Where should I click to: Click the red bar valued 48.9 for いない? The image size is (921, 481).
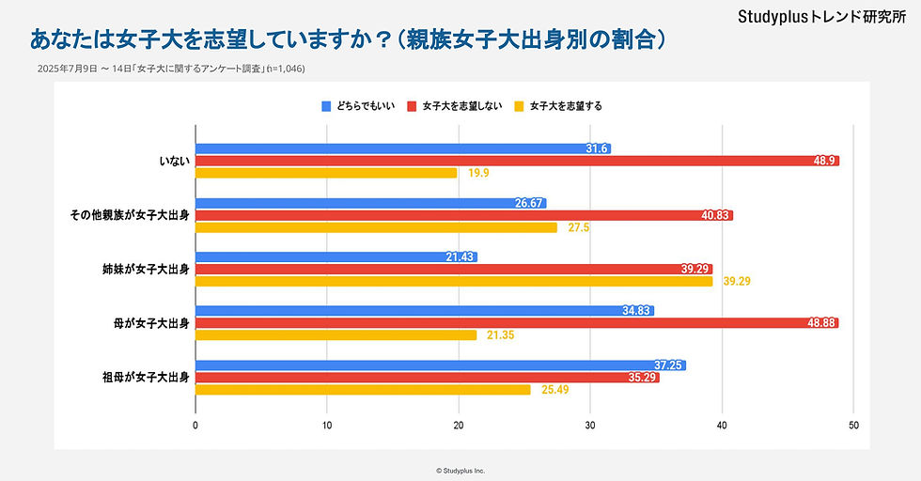click(x=517, y=161)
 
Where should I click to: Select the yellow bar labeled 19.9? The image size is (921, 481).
click(x=326, y=173)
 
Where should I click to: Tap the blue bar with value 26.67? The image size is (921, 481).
click(x=370, y=203)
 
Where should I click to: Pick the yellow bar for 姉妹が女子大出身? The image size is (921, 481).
click(x=454, y=281)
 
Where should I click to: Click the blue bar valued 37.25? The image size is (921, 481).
click(x=440, y=365)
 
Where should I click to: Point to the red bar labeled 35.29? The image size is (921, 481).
click(x=427, y=378)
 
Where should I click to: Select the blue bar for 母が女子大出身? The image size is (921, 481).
click(x=424, y=311)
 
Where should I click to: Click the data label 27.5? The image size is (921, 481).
click(x=578, y=227)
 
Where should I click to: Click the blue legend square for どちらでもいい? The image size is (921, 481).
click(x=327, y=106)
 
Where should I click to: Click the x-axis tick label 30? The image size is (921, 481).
click(x=590, y=425)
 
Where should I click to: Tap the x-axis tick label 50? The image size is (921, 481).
click(x=853, y=425)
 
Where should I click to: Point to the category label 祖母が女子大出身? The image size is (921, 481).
click(x=146, y=378)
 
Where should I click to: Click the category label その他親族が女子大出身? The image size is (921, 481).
click(x=130, y=215)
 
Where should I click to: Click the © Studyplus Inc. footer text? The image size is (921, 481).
click(x=460, y=470)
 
